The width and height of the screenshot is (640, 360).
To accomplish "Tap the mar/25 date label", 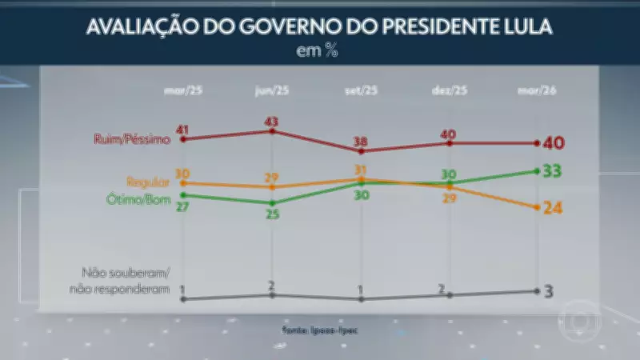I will click(x=182, y=90).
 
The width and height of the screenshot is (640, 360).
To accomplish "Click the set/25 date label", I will click(x=361, y=90).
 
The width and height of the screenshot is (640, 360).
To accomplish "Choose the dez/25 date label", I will click(x=450, y=90).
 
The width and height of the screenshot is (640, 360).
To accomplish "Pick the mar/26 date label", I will click(x=537, y=90).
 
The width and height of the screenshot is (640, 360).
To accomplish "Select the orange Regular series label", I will click(x=149, y=182).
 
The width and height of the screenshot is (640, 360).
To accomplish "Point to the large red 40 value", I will click(x=554, y=143).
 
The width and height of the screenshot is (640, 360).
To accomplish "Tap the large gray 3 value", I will click(x=550, y=290).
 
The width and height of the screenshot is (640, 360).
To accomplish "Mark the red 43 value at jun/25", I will click(x=273, y=120).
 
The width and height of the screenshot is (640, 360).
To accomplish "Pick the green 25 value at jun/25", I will click(x=273, y=214).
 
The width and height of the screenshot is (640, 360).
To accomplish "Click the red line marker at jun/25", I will click(x=273, y=130).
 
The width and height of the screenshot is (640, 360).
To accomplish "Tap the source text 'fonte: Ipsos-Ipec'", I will click(x=320, y=327).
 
